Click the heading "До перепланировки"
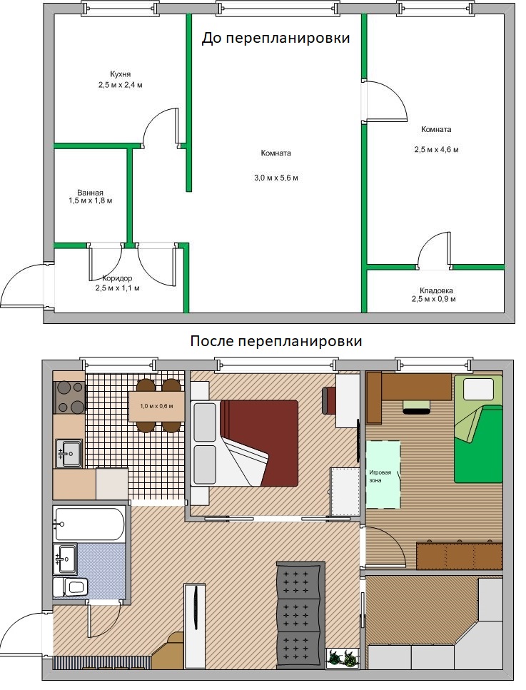(x=275, y=38)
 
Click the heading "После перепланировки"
(x=275, y=341)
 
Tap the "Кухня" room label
(x=120, y=74)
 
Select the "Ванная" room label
(x=91, y=193)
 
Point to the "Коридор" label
(x=116, y=278)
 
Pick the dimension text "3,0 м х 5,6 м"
(x=275, y=178)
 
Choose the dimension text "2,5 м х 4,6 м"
(x=436, y=150)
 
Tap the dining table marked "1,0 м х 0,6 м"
(x=156, y=407)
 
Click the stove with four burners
(x=69, y=397)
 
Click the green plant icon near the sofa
(x=342, y=657)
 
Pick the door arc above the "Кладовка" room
(x=434, y=250)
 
